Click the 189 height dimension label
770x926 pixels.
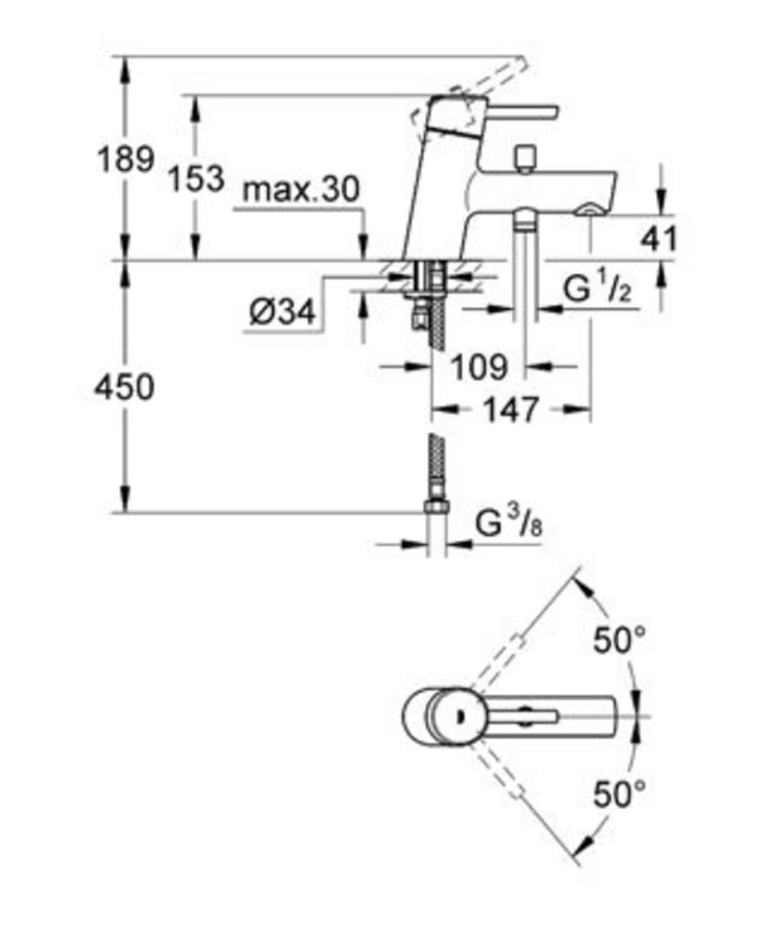point(126,159)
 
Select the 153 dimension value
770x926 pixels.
point(197,177)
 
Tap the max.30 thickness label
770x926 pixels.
point(301,189)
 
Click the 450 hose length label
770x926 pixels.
point(125,387)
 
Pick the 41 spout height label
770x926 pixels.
point(659,239)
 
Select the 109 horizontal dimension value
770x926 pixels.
point(480,367)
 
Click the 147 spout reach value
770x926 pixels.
point(512,409)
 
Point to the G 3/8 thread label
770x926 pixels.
point(509,523)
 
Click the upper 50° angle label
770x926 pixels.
point(620,640)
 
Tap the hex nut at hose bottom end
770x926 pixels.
point(437,507)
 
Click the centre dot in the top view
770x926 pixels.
point(459,716)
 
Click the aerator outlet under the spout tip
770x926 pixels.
point(588,210)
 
